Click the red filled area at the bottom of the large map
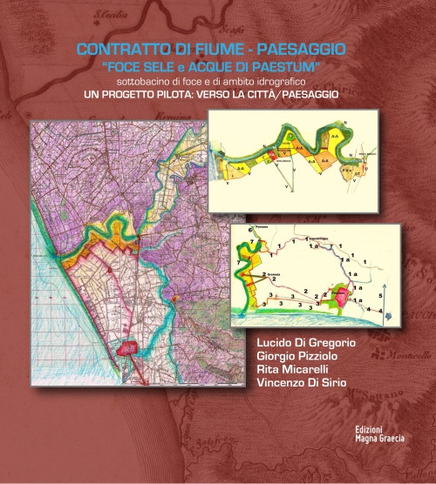(x=130, y=348)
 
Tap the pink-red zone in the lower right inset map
(x=340, y=299)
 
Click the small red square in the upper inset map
(x=271, y=158)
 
